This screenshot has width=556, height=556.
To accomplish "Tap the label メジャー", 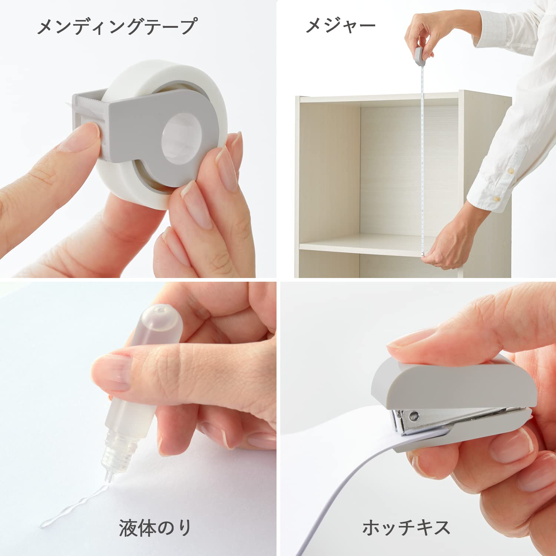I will pyautogui.click(x=340, y=26).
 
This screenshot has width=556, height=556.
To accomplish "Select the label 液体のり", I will pyautogui.click(x=155, y=527).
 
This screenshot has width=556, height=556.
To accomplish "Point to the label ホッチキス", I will pyautogui.click(x=406, y=527).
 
